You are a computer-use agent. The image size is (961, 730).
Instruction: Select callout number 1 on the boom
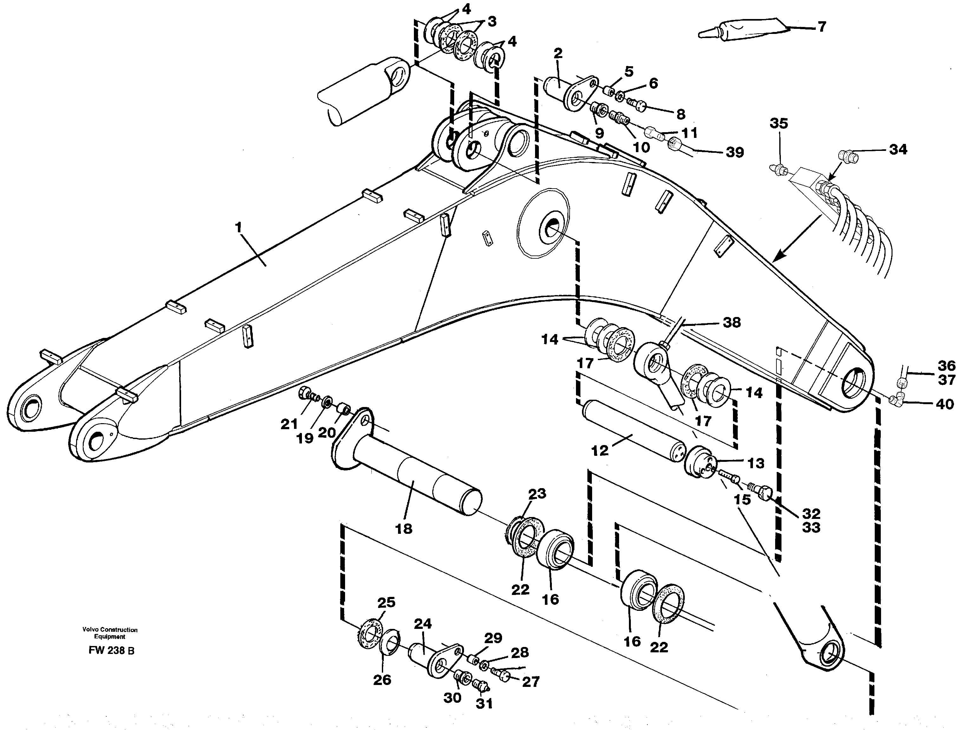[x=238, y=227]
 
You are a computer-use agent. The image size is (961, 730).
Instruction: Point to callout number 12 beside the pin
[x=600, y=451]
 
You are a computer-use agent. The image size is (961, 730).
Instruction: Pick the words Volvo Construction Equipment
[x=110, y=633]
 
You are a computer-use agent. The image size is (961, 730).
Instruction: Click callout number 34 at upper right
[x=898, y=150]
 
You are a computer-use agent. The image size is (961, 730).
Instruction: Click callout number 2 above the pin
[x=558, y=54]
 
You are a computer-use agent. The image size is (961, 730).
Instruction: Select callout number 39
[x=735, y=152]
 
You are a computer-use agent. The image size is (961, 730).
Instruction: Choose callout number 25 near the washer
[x=386, y=602]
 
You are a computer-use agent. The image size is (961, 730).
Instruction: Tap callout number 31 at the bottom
[x=484, y=703]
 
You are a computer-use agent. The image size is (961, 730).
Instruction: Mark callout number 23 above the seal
[x=537, y=494]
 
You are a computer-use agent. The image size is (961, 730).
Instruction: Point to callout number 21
[x=289, y=424]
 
